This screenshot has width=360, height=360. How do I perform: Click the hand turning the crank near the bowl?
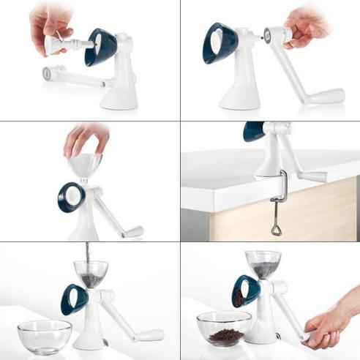click(x=333, y=323)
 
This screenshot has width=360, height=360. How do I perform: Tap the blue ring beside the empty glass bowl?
click(x=73, y=299)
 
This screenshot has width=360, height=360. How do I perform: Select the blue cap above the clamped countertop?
click(x=254, y=130)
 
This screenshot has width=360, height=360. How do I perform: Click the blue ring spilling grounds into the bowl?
click(x=246, y=291)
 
